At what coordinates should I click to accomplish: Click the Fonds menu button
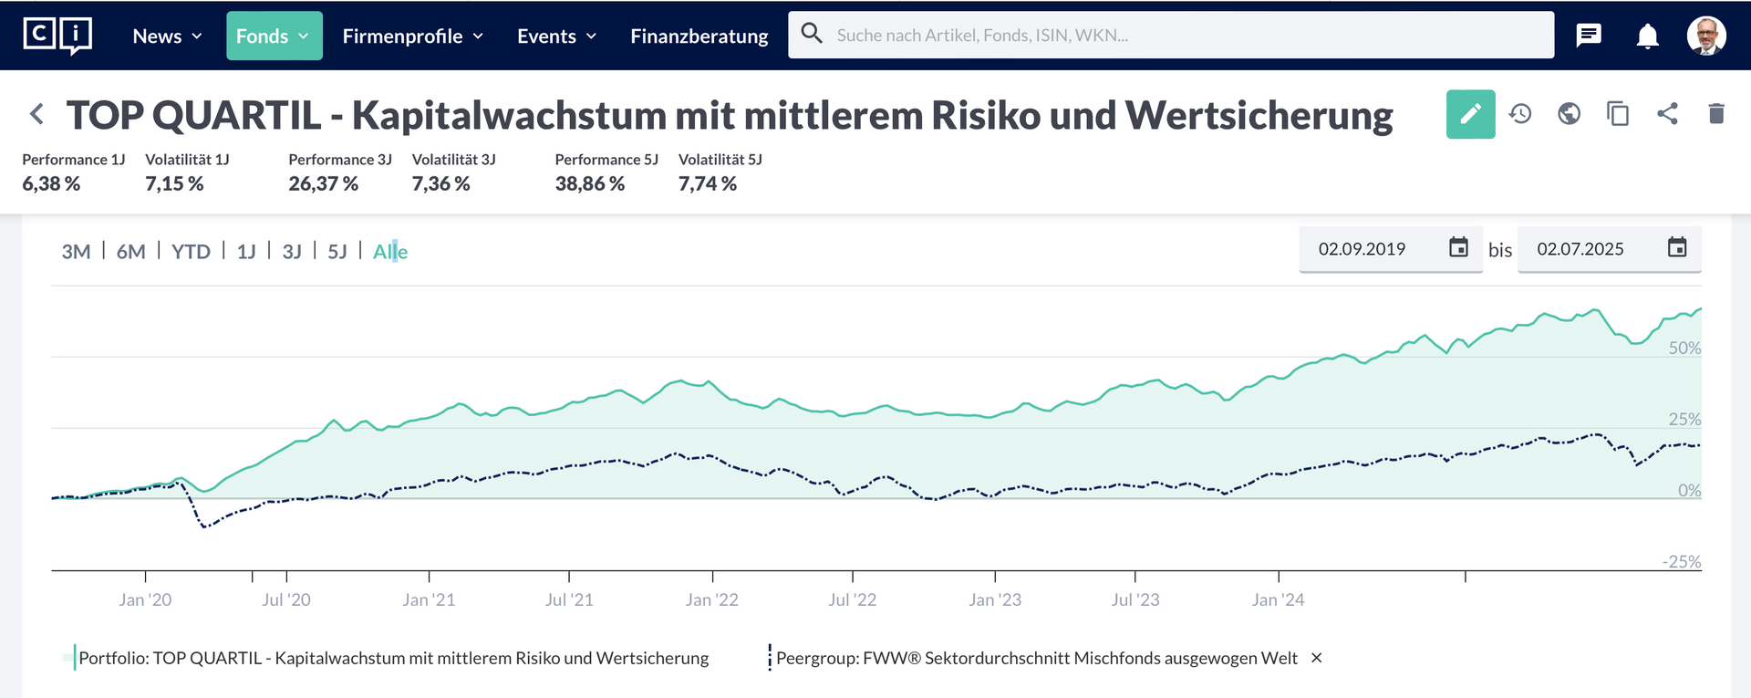[274, 36]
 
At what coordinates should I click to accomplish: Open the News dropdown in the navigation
[167, 36]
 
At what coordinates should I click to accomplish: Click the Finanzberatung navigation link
[699, 36]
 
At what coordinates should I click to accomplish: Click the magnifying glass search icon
[811, 34]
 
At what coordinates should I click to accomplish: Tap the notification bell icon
[1647, 36]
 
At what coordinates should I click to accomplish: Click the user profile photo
[1705, 36]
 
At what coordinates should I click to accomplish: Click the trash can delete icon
[1715, 114]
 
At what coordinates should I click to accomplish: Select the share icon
[1667, 114]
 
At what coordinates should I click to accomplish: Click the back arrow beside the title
[36, 114]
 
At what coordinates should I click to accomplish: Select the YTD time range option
[191, 252]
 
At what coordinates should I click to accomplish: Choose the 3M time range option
[76, 252]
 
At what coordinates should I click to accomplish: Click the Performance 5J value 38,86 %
[589, 184]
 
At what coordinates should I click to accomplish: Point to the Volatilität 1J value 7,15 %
[174, 184]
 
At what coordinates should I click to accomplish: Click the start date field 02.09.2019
[1362, 249]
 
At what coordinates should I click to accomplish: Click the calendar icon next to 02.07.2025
[1676, 248]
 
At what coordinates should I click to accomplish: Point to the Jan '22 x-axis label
[711, 600]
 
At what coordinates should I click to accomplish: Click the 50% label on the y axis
[1684, 349]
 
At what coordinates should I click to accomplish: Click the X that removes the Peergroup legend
[1316, 658]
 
